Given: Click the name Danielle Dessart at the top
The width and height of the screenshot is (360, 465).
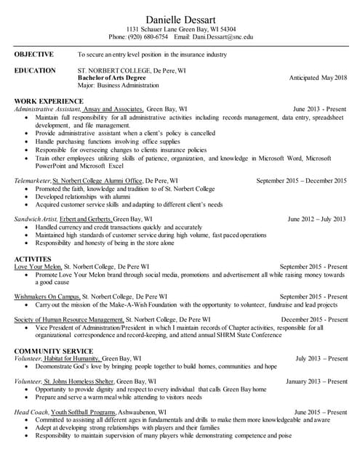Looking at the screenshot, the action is point(180,15).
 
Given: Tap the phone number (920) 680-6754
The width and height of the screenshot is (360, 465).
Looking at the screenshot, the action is point(148,36).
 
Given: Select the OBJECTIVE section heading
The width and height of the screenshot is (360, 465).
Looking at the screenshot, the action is point(34,54).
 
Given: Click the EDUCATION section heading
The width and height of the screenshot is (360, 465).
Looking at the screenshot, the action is point(35,70).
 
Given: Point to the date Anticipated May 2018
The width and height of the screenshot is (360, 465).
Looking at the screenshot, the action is point(318,77).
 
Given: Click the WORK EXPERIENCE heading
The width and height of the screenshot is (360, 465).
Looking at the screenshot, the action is point(49,100).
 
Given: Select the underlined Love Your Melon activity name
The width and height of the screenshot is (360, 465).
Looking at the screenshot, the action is point(38,266).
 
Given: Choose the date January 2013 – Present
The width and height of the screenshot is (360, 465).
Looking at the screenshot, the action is point(316,381).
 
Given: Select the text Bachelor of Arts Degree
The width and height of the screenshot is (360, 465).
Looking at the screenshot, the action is point(111,78).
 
